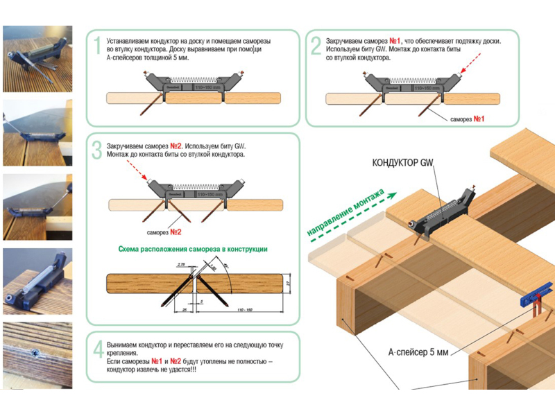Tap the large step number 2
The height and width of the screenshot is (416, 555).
[316, 46]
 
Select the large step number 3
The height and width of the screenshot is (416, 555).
[97, 150]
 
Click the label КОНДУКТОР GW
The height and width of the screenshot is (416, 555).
[403, 164]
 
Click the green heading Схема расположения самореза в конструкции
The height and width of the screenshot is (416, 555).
[192, 249]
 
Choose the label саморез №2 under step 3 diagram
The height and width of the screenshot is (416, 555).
[164, 231]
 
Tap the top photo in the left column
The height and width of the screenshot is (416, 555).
[37, 59]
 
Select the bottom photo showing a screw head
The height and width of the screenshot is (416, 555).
[37, 355]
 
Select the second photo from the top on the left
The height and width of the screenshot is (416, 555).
[37, 133]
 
